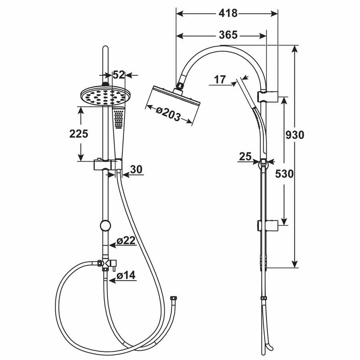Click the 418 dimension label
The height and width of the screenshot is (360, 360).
point(228,13)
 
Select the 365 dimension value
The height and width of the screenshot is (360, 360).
point(228,35)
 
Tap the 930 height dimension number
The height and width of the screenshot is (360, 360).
point(295,135)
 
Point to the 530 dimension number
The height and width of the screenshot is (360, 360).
point(284,174)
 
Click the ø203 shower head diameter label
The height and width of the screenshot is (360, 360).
point(168,114)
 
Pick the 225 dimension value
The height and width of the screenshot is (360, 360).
point(79,134)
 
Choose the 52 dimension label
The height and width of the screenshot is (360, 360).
point(119,75)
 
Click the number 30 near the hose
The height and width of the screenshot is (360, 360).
point(136,170)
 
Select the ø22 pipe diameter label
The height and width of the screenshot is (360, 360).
point(126,241)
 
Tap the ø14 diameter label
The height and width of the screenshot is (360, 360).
point(126,275)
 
